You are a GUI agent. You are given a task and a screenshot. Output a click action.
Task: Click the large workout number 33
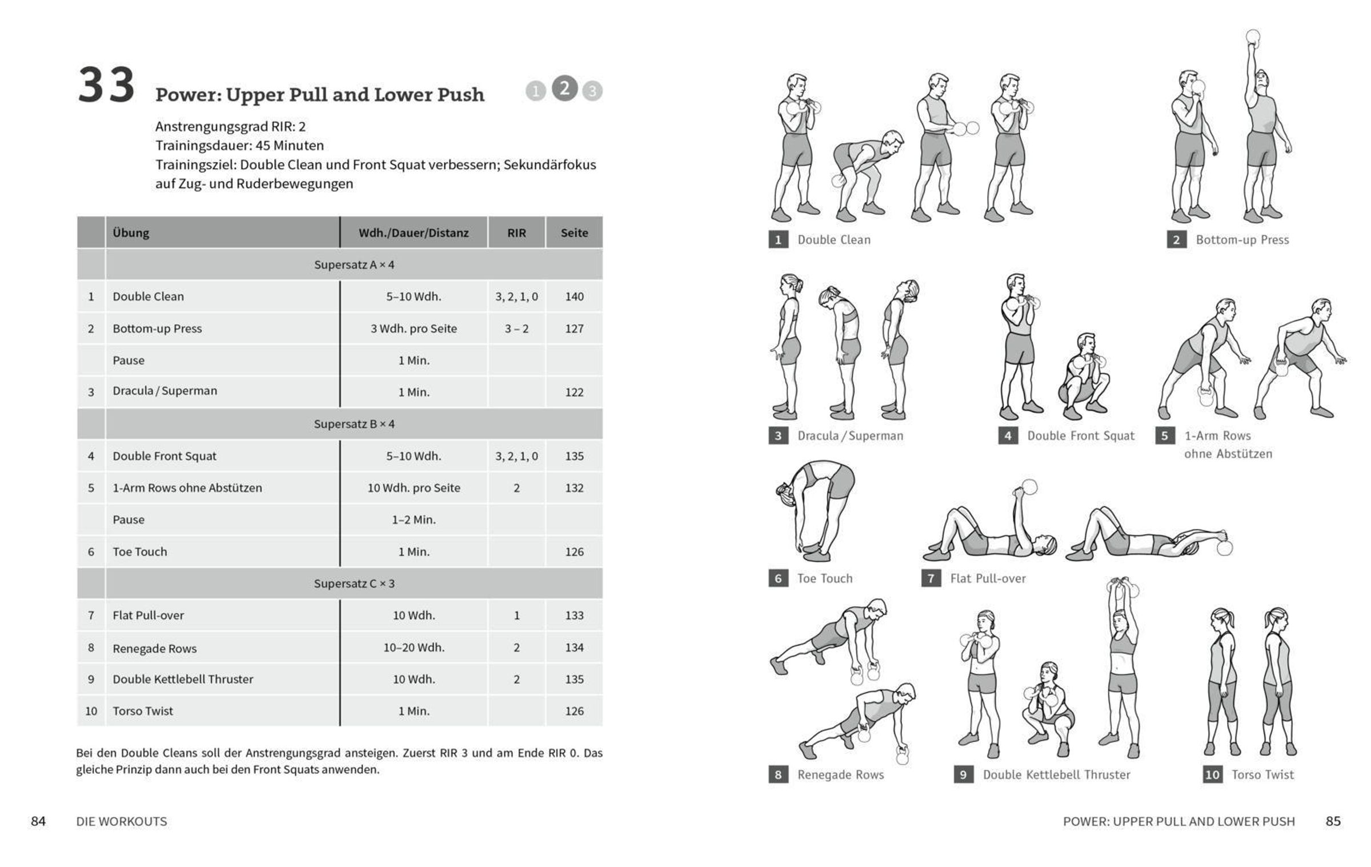(x=106, y=86)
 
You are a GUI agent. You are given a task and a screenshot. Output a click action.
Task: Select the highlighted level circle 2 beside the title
(x=564, y=89)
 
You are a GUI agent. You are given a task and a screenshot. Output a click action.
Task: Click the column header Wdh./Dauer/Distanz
(x=414, y=233)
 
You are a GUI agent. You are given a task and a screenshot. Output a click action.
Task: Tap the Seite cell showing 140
(x=574, y=297)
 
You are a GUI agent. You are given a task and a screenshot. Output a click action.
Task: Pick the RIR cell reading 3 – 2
(x=516, y=329)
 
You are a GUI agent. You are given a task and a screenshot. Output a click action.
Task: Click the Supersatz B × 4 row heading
(x=354, y=424)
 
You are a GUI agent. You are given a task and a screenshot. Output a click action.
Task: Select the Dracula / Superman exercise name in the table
(x=165, y=391)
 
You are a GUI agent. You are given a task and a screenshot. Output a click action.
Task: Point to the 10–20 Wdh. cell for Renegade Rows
(x=414, y=648)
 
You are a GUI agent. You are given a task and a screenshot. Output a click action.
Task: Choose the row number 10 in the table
(x=91, y=711)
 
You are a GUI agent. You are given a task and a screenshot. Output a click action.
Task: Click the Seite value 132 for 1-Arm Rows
(x=574, y=488)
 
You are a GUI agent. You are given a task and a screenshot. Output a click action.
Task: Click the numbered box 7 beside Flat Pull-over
(x=931, y=578)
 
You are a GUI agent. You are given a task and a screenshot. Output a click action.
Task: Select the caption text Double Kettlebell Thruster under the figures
(x=1056, y=775)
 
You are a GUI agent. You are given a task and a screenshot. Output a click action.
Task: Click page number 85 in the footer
(x=1333, y=821)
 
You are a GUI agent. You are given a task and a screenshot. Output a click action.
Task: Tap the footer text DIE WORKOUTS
(x=122, y=822)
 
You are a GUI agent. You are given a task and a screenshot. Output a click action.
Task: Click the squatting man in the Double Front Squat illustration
(x=1084, y=377)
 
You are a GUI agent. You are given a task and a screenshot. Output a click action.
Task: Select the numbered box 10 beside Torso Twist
(x=1212, y=775)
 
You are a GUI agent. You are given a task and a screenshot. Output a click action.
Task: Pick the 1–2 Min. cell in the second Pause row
(x=414, y=520)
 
